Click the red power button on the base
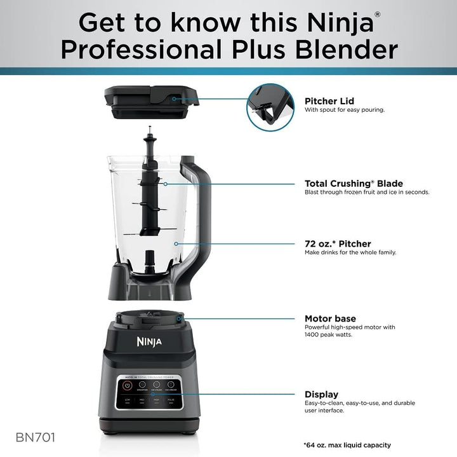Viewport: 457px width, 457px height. (128, 385)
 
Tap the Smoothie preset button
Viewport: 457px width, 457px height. (142, 385)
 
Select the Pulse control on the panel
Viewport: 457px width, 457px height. (170, 401)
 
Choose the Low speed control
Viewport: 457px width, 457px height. (128, 401)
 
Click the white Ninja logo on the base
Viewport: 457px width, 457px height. (149, 342)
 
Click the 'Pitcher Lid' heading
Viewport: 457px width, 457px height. (329, 100)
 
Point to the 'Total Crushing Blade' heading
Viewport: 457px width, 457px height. (354, 184)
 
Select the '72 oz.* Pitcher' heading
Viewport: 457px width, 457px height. (338, 243)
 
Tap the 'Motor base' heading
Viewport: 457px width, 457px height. (330, 318)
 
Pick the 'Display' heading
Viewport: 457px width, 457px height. (321, 394)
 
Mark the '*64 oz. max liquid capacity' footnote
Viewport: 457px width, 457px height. (347, 445)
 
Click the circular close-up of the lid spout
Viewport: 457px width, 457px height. (270, 107)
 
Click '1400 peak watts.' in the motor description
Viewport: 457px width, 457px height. (329, 334)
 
